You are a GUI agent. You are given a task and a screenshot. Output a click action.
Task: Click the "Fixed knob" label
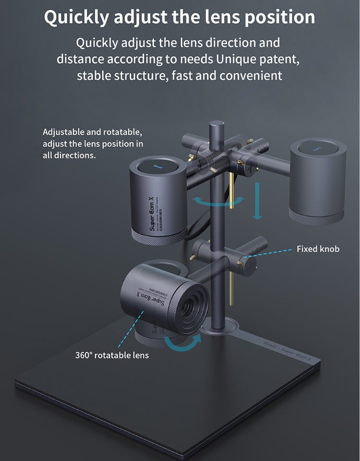318,249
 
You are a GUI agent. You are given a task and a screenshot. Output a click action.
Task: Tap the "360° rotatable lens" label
112,355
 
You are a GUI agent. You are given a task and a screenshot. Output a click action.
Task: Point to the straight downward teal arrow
258,202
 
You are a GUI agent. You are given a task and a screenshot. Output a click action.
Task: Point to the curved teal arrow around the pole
218,201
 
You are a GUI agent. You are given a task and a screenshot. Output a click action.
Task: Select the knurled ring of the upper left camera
159,235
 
